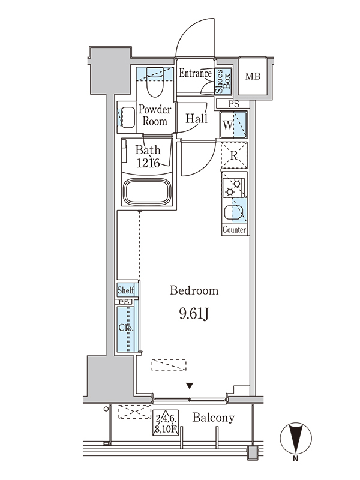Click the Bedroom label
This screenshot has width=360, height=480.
pos(194,290)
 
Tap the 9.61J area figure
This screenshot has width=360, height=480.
pos(194,314)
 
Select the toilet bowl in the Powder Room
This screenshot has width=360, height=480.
pos(155,82)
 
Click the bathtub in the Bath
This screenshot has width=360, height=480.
pos(147,193)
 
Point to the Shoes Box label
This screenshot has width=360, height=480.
pos(223,81)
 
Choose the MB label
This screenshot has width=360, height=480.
pos(253,76)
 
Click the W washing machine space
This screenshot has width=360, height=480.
pos(233,125)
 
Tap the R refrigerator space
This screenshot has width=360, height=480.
pos(234,155)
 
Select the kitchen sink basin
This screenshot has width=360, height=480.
pos(234,213)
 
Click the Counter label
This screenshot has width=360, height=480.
pos(235,230)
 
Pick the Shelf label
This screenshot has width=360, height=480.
pos(126,290)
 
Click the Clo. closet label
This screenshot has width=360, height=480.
pos(126,328)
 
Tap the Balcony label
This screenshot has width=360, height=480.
pos(214,418)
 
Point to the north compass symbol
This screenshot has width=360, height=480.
pos(296,438)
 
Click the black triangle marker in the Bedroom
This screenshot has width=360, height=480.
pos(190,386)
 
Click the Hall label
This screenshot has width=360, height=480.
pos(197,118)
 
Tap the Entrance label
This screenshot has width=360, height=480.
pos(196,73)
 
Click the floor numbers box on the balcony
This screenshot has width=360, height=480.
pos(166,423)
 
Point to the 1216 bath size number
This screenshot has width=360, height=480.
pos(148,163)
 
